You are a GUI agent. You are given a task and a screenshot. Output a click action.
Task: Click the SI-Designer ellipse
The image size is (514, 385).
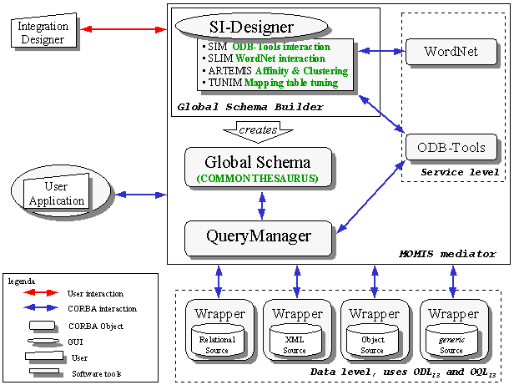(x=258, y=24)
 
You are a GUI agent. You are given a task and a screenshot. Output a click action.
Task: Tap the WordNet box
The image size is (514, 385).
(x=451, y=51)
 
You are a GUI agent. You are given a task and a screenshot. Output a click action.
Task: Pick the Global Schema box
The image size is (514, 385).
(x=258, y=167)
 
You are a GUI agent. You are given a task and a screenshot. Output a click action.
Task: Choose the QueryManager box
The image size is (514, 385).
(x=258, y=236)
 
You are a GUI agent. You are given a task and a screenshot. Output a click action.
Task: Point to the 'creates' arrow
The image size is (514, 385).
(x=258, y=130)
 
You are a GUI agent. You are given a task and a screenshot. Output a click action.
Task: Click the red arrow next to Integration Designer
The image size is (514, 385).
(x=125, y=29)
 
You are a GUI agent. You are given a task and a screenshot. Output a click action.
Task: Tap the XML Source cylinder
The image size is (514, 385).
(x=296, y=343)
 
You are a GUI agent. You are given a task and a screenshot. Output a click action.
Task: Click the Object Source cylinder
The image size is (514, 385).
(x=374, y=343)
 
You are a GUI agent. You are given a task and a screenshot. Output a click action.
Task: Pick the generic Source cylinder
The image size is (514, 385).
(x=451, y=343)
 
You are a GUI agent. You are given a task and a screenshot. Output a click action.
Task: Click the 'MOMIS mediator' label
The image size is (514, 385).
(x=460, y=253)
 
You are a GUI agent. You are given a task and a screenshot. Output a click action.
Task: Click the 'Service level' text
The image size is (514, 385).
(x=460, y=172)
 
